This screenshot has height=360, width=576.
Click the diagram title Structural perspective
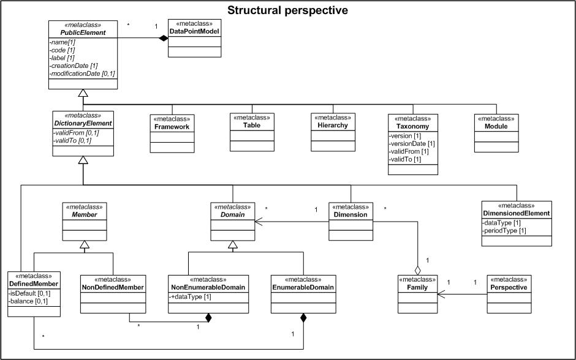click(x=288, y=10)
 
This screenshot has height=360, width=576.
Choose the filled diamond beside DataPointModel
click(x=164, y=39)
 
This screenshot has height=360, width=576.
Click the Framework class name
click(x=172, y=127)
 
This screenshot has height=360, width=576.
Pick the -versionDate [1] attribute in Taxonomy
click(x=412, y=143)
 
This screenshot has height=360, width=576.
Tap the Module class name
click(x=496, y=126)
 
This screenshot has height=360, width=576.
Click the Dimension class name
click(x=351, y=215)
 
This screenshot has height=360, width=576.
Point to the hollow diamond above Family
click(x=417, y=269)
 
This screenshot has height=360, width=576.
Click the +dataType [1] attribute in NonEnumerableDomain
click(x=191, y=296)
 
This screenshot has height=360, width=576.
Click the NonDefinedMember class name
click(x=112, y=287)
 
